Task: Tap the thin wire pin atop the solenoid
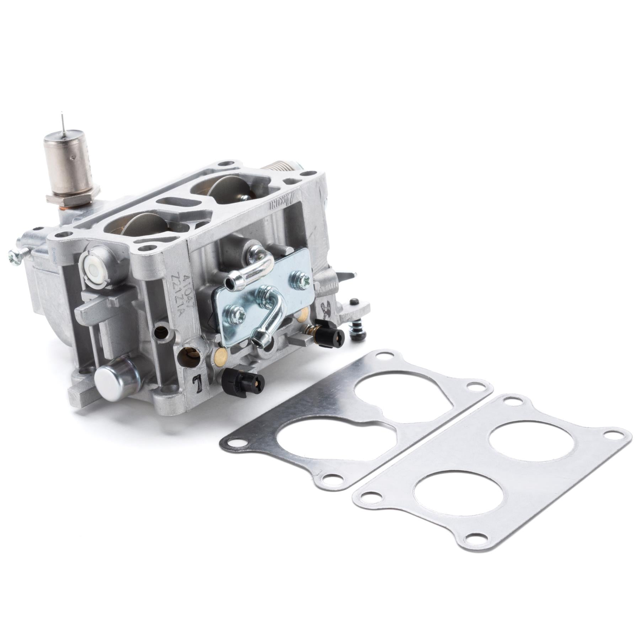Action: (62, 121)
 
